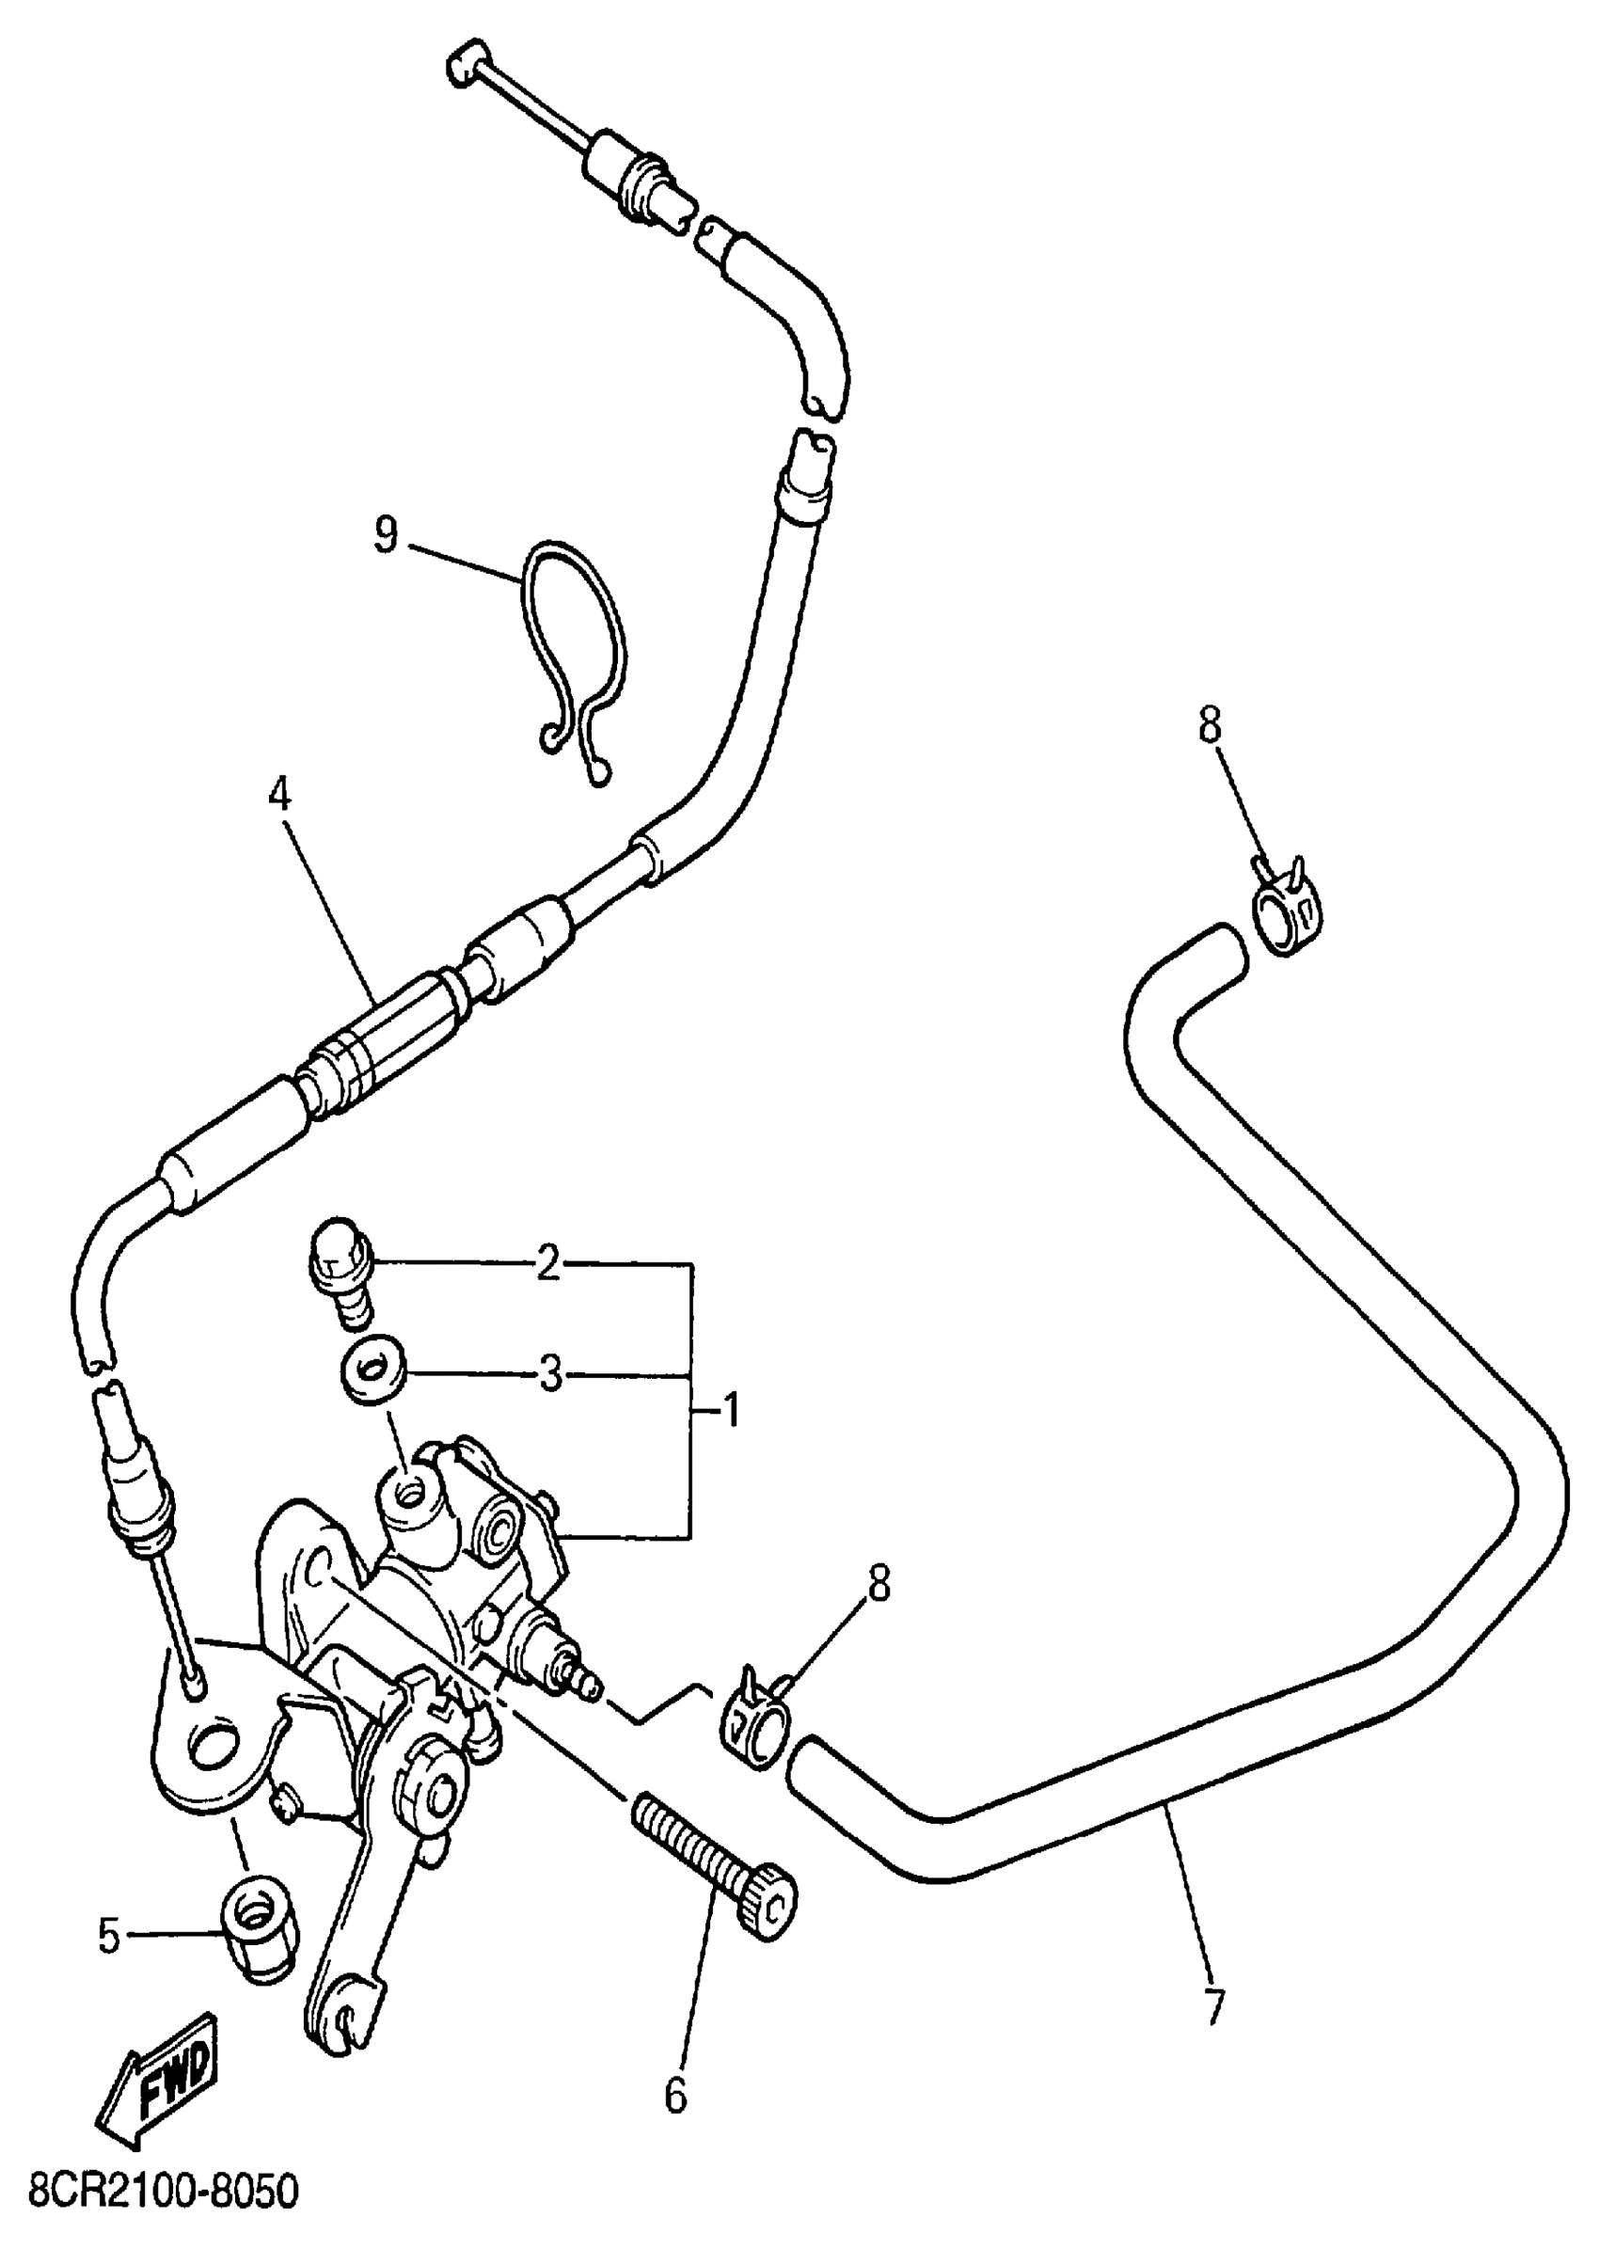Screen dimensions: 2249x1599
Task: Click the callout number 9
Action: [x=386, y=537]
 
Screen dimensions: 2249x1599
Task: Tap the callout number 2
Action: [x=547, y=1261]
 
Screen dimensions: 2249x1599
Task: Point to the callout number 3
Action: [x=549, y=1373]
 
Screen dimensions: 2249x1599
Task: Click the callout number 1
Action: [x=730, y=1412]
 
